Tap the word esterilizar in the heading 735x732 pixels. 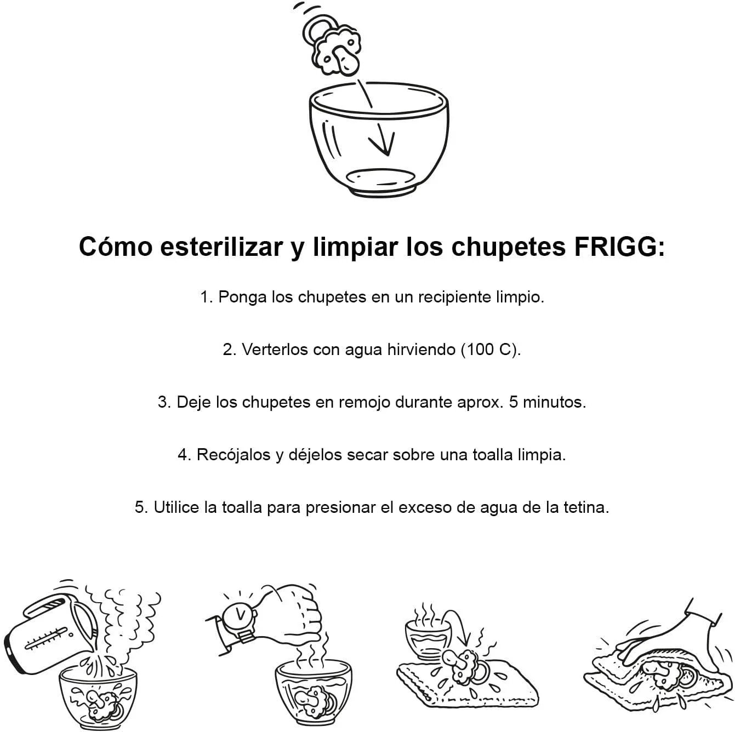(221, 247)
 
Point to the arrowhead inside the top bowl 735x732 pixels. (382, 143)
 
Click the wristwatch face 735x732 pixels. (240, 615)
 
